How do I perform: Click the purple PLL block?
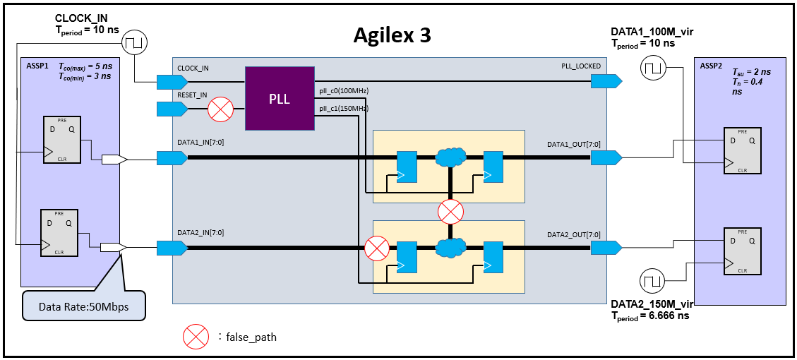[280, 99]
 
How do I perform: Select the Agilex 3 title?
[392, 35]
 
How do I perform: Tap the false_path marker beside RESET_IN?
[221, 109]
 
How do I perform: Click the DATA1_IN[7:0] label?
[201, 143]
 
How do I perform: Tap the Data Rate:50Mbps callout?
[83, 307]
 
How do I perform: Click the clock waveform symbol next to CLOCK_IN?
[133, 44]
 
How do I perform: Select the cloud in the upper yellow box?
[450, 155]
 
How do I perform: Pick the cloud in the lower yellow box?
[450, 247]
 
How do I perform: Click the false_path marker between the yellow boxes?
[450, 210]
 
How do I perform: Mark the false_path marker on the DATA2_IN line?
[377, 247]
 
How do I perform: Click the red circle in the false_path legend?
[196, 337]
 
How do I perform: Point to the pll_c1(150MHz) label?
[344, 108]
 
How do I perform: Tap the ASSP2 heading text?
[711, 66]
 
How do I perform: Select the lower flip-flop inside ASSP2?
[741, 251]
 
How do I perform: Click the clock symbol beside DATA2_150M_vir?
[653, 281]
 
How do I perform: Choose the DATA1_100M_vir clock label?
[653, 32]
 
